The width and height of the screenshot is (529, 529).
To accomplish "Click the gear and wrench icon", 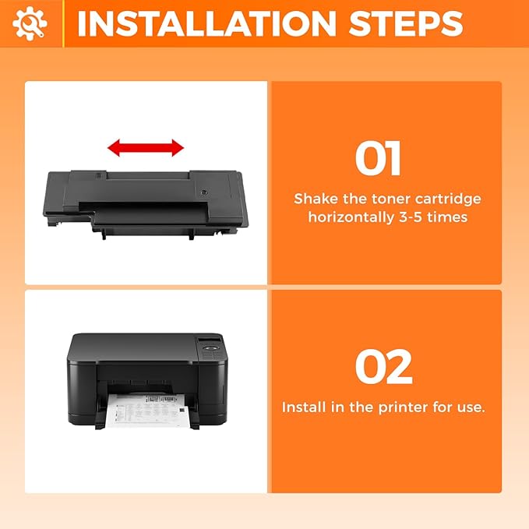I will [x=30, y=23].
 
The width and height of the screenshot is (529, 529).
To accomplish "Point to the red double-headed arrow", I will [x=146, y=147].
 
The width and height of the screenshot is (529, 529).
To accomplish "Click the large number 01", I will [x=379, y=159].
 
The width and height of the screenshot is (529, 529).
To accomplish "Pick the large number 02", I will [x=384, y=367].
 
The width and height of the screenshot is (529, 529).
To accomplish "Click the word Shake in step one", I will [x=315, y=199].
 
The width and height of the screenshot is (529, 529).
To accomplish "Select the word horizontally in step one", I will [x=347, y=217].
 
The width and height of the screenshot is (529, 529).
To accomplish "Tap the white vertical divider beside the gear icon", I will [x=64, y=23].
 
